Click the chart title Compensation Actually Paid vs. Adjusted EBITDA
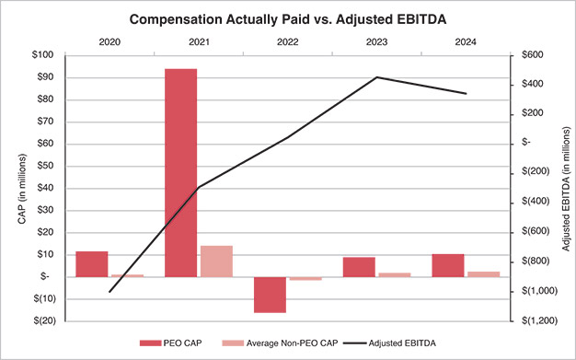point(289,18)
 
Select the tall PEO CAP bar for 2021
point(180,172)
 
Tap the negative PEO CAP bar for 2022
point(270,295)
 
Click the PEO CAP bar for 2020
point(91,263)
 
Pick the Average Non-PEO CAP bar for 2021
point(216,261)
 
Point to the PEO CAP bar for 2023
point(359,266)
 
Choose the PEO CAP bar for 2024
point(448,265)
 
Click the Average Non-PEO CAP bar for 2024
point(483,273)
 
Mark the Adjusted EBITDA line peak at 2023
point(377,77)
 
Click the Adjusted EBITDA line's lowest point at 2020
point(109,292)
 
